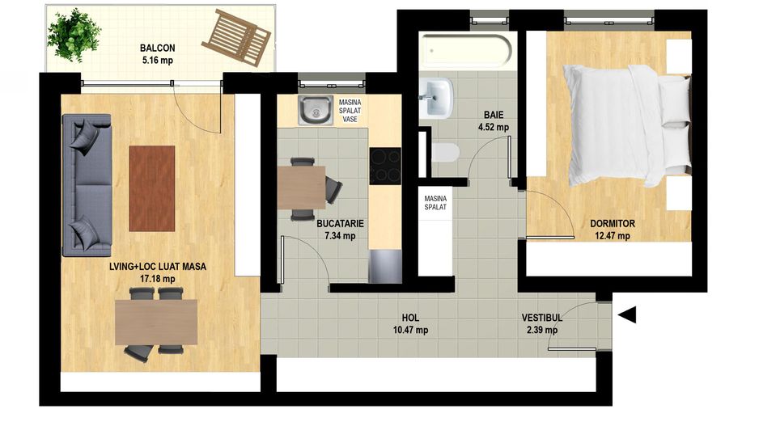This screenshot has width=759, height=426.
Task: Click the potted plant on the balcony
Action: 74,34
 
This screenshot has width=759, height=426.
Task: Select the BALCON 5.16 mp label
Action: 156,54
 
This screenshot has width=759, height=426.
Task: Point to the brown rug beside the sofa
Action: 151,188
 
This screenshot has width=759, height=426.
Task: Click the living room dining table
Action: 156,322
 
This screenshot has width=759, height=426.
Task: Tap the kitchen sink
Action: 314,111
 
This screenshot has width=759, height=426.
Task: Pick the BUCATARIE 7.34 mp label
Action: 340,230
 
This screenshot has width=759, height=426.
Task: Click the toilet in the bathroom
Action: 445,152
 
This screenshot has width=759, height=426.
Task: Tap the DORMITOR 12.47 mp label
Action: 612,230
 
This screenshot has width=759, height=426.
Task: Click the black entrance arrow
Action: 627,314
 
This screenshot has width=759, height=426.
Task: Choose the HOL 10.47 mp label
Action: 410,324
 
